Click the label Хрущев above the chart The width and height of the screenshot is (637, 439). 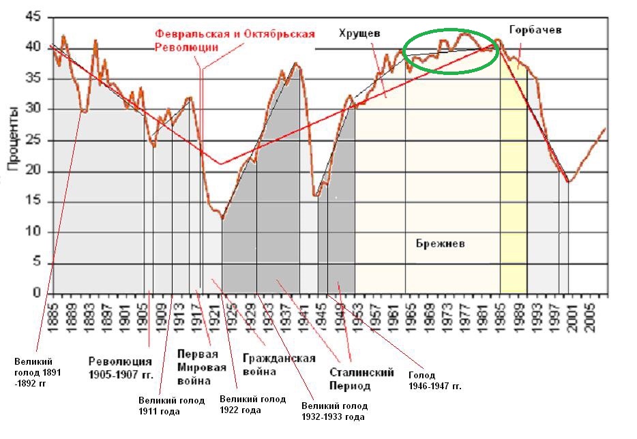359,33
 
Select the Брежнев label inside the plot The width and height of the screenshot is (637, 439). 441,243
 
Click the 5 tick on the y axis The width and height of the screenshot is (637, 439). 38,264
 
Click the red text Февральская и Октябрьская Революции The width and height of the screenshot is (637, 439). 234,40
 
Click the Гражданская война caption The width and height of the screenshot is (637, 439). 279,365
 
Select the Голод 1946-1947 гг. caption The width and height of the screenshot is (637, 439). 435,380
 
